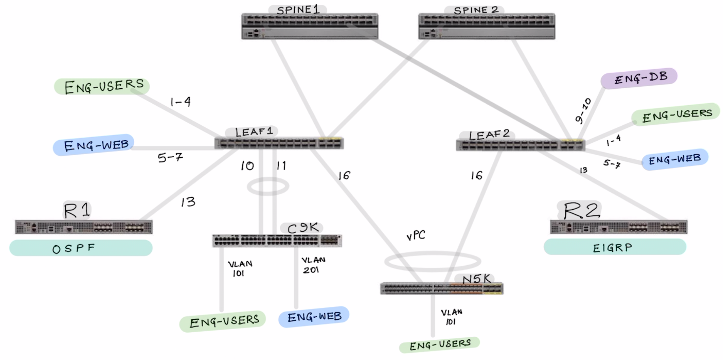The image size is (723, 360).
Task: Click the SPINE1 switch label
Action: (298, 10)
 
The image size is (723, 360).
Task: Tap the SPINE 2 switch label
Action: (476, 10)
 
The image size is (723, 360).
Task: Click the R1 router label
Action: (77, 210)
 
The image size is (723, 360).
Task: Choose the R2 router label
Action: (581, 210)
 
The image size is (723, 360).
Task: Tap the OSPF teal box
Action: (81, 248)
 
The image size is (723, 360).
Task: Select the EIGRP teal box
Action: (614, 247)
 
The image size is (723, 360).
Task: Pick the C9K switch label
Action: (302, 228)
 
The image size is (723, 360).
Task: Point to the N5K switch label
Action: (476, 279)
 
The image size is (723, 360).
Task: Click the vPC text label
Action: (416, 236)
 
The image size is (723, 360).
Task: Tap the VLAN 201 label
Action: (313, 265)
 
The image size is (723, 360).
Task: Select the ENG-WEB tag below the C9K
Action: (314, 317)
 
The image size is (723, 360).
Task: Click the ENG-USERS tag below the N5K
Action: (440, 345)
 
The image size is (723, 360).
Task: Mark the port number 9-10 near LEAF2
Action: (583, 111)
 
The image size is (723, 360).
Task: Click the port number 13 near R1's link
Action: (188, 202)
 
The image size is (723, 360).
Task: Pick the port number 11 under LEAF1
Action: (281, 165)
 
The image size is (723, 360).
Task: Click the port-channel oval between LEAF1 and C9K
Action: (268, 187)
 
